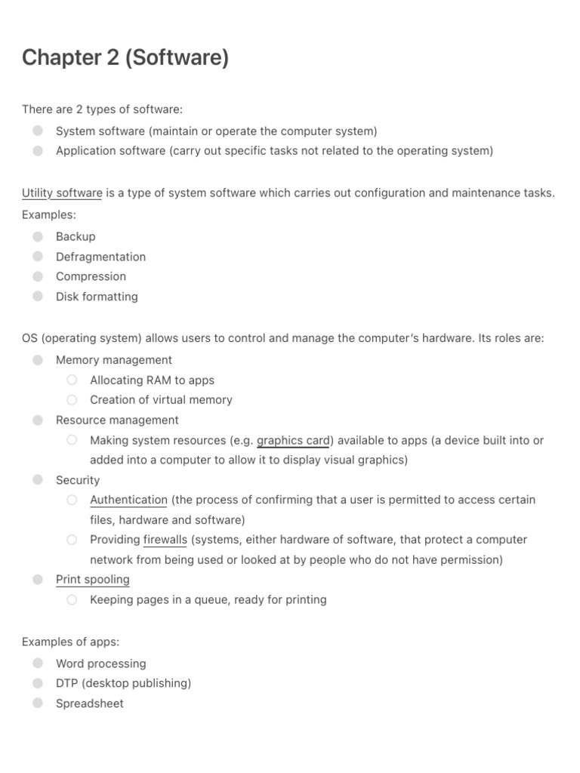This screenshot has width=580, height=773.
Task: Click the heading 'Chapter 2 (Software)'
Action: (125, 57)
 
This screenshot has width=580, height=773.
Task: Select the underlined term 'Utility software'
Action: (62, 193)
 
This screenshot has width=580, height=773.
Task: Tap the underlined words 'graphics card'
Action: (293, 440)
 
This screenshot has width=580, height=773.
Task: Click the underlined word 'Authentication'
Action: (128, 500)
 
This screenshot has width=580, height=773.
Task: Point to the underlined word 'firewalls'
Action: (165, 540)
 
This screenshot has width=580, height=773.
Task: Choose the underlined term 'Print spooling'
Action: (92, 580)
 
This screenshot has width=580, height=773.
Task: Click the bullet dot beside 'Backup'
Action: (38, 236)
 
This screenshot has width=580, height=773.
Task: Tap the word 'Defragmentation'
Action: (100, 257)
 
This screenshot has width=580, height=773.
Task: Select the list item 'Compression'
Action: (91, 276)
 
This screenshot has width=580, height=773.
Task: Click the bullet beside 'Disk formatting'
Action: (38, 296)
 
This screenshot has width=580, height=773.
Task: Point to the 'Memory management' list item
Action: (113, 360)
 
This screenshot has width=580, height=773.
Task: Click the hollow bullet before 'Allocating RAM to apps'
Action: (72, 380)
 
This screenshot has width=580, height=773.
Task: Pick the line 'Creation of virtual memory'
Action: (161, 400)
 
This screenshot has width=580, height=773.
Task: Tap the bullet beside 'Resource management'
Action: (38, 420)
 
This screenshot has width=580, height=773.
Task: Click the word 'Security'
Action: (78, 480)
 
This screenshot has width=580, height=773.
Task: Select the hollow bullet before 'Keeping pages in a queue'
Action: (72, 599)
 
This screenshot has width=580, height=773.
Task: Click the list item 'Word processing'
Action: (100, 664)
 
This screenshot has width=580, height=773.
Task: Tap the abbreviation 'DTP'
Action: (66, 683)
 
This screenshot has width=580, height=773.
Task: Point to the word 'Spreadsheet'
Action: (89, 704)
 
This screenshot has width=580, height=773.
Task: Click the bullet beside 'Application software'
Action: (38, 150)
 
